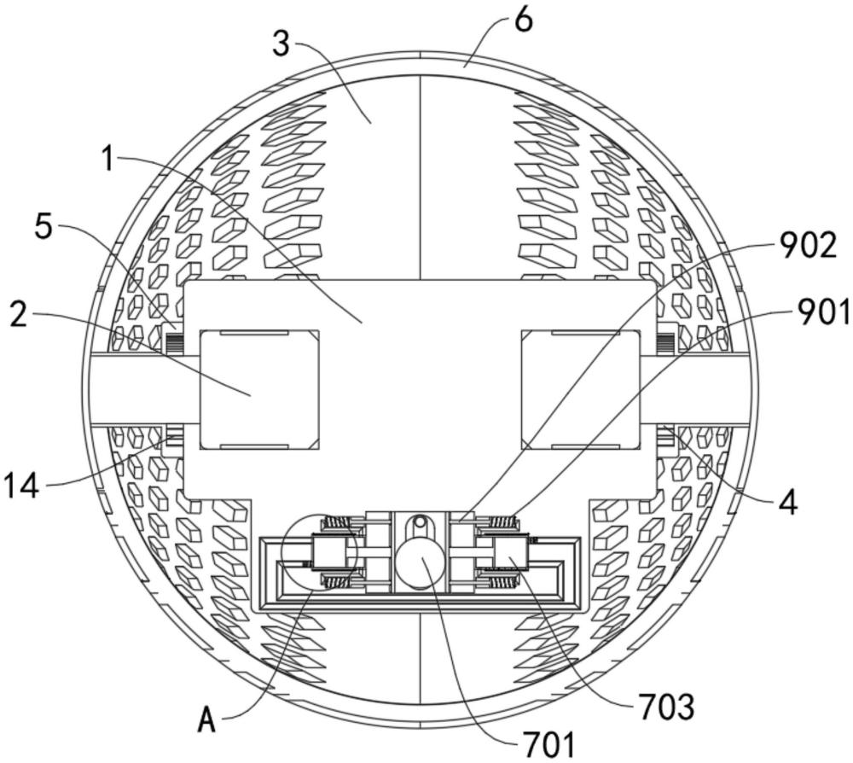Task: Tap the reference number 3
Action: [281, 44]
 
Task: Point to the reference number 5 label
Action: [43, 228]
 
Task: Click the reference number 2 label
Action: [20, 315]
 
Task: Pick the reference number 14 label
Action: [21, 486]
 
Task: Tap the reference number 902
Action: [807, 246]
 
